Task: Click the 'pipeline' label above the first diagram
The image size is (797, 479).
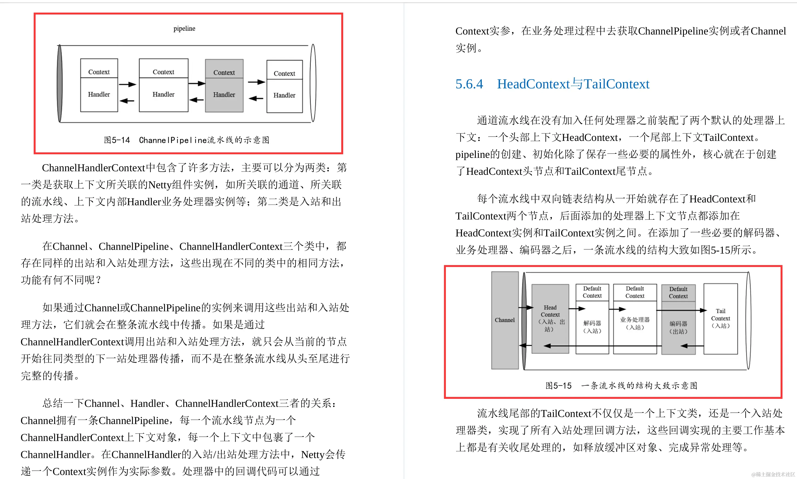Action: tap(184, 28)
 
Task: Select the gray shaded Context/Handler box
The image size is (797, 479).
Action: tap(224, 86)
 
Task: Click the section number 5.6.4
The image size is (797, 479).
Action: tap(469, 84)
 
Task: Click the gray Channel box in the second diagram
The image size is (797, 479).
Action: tap(504, 320)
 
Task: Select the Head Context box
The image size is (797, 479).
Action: tap(550, 318)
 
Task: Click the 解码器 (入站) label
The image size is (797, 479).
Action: tap(592, 327)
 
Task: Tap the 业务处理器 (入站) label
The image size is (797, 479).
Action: tap(635, 323)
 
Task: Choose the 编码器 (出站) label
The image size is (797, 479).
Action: tap(678, 327)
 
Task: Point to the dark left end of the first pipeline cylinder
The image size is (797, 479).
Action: tap(60, 84)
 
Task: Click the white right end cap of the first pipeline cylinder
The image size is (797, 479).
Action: tap(313, 83)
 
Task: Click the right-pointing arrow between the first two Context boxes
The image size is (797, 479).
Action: tap(128, 85)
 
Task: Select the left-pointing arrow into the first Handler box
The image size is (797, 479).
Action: tap(127, 101)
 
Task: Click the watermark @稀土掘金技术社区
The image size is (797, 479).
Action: tap(773, 474)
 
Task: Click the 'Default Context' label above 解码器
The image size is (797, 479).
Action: tap(592, 292)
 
